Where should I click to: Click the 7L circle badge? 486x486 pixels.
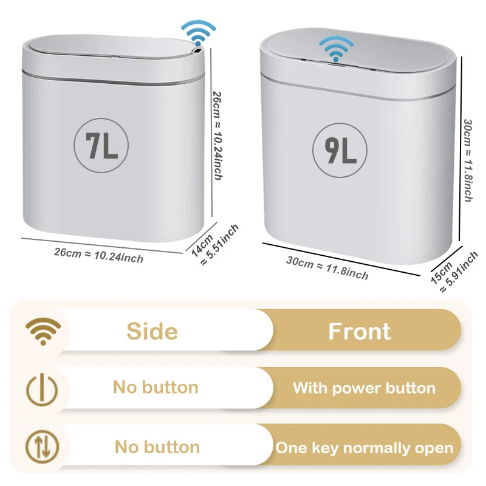pyautogui.click(x=101, y=146)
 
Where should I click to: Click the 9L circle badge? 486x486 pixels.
pyautogui.click(x=340, y=150)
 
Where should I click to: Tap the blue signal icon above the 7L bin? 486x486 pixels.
pyautogui.click(x=198, y=33)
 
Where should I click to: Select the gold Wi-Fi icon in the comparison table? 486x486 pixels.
pyautogui.click(x=43, y=331)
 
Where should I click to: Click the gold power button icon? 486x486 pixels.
pyautogui.click(x=43, y=388)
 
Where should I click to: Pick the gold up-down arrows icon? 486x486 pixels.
pyautogui.click(x=43, y=447)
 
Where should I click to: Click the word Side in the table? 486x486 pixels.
pyautogui.click(x=152, y=331)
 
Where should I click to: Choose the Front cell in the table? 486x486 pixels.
pyautogui.click(x=360, y=331)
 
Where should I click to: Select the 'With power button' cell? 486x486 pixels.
pyautogui.click(x=364, y=388)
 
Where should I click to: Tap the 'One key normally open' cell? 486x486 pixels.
pyautogui.click(x=364, y=448)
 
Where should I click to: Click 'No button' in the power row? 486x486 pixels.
pyautogui.click(x=156, y=388)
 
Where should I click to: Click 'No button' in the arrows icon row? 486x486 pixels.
pyautogui.click(x=157, y=448)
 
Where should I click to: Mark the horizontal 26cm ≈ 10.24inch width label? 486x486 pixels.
pyautogui.click(x=98, y=255)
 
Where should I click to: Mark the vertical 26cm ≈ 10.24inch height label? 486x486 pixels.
pyautogui.click(x=217, y=135)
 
